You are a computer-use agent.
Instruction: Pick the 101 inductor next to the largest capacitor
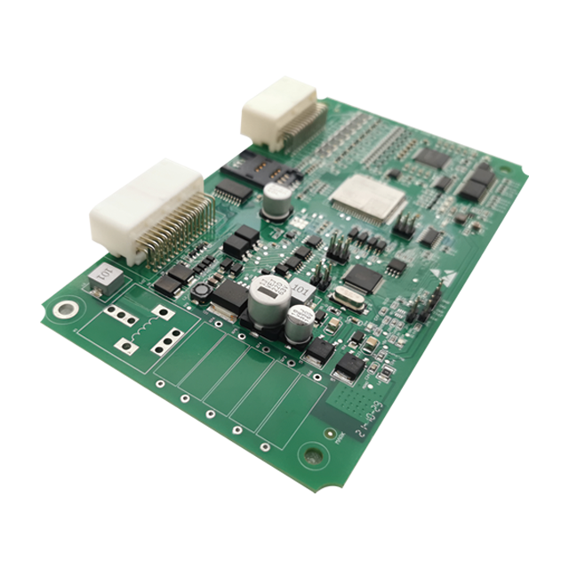pyautogui.click(x=302, y=288)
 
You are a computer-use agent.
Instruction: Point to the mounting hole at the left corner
pyautogui.click(x=66, y=309)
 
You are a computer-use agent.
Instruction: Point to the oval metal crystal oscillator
pyautogui.click(x=342, y=299)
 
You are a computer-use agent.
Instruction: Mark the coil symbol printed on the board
pyautogui.click(x=139, y=329)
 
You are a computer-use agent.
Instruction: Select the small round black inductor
pyautogui.click(x=204, y=291)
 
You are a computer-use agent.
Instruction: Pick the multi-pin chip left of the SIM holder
pyautogui.click(x=233, y=190)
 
